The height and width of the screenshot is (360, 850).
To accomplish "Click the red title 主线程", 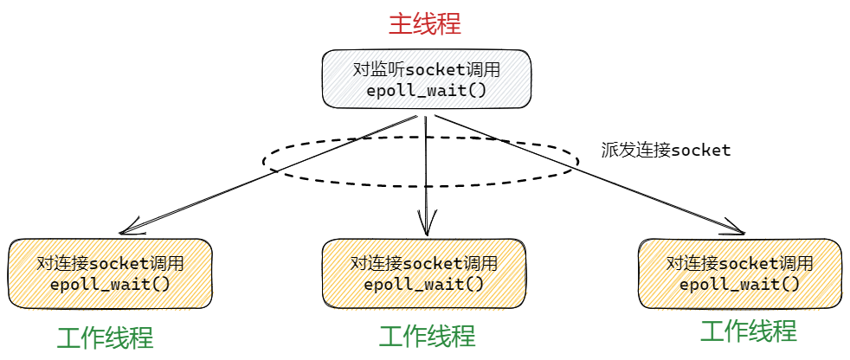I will tap(424, 23).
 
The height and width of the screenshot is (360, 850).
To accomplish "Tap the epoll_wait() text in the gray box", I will tap(426, 90).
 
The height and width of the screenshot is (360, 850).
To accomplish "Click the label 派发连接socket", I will tap(666, 150).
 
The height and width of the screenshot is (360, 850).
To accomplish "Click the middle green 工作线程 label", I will tap(427, 336).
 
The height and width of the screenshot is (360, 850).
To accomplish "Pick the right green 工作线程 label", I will tap(748, 331).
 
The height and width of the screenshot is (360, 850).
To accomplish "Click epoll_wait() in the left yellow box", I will tap(110, 285).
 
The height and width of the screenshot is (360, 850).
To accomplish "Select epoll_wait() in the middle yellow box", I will tap(424, 284).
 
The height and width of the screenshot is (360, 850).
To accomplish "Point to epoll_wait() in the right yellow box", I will tap(740, 284).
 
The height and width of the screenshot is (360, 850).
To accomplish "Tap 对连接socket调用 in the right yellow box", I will tap(740, 263).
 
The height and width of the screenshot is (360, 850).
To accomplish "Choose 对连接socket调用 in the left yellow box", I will tap(110, 264).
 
